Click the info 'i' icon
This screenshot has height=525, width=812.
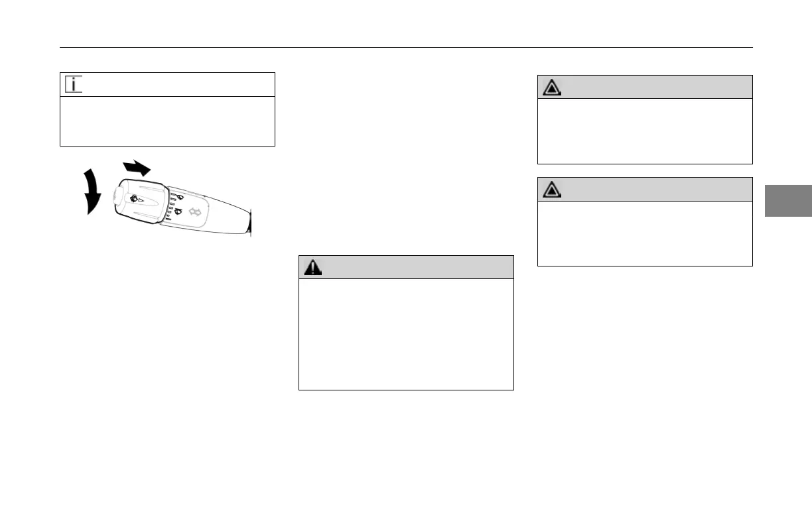(74, 85)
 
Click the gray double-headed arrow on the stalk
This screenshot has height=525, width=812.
(196, 212)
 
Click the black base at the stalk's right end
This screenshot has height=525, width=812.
(250, 223)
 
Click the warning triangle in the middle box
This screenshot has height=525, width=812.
(312, 267)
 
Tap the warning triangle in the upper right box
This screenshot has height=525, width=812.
(551, 87)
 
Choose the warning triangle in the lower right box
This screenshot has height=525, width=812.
(551, 190)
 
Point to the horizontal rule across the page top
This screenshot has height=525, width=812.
(406, 48)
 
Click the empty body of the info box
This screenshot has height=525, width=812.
(167, 121)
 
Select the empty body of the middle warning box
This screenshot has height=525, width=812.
(406, 333)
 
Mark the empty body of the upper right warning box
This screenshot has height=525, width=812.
(645, 131)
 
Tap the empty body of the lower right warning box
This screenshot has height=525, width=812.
(645, 233)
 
